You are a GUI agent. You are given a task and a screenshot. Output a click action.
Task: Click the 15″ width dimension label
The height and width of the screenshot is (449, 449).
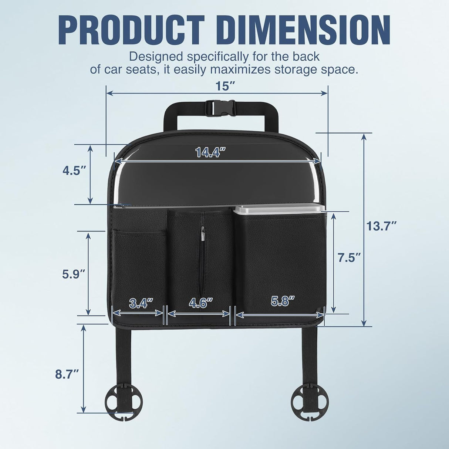tap(224, 86)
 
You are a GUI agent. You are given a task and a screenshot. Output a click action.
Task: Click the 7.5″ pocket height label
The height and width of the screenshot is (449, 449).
tap(350, 258)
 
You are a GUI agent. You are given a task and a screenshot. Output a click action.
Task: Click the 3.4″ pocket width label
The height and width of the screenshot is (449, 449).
tap(141, 303)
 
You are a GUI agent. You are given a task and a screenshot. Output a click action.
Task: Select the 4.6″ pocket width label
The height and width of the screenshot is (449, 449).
tap(200, 303)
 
